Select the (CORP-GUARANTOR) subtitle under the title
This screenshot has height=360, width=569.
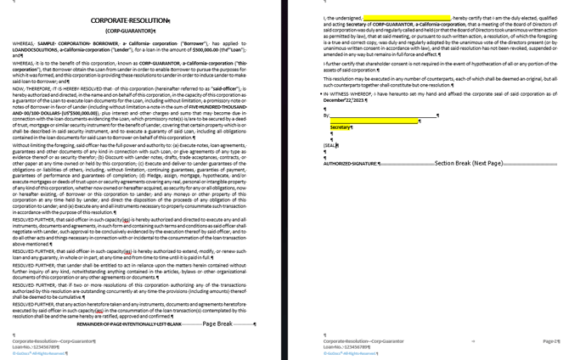click(130, 31)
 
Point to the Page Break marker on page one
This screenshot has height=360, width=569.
click(217, 323)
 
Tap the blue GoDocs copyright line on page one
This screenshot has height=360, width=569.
click(39, 353)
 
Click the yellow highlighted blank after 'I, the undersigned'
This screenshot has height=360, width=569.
click(407, 17)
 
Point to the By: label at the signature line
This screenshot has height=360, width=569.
click(327, 115)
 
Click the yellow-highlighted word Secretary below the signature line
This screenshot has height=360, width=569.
click(341, 127)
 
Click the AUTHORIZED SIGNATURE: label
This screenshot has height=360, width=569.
click(351, 163)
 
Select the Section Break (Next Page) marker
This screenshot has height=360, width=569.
click(468, 163)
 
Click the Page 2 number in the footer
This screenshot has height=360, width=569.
click(550, 340)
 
